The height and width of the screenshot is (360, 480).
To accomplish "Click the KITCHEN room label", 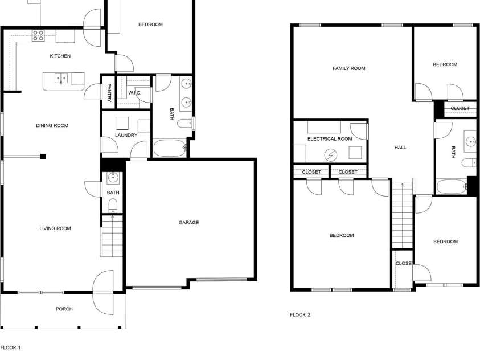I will point(60,56).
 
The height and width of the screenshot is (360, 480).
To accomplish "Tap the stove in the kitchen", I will point(38,35).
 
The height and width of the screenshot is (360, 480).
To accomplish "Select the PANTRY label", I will point(109,91).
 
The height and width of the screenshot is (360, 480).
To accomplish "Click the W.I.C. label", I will point(134,92).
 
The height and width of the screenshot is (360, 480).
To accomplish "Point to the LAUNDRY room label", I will point(126,135).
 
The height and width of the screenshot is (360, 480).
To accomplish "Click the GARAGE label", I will point(189,223).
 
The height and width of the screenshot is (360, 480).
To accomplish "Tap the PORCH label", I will point(64,309).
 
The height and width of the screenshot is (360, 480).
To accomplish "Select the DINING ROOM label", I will point(52,125).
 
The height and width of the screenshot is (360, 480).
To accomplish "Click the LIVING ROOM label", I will point(55,228).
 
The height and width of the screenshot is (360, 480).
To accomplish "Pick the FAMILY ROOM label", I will point(349,68).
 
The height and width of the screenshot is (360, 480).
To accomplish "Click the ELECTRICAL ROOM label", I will point(330,139).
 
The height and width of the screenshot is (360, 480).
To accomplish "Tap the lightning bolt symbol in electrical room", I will point(331,154).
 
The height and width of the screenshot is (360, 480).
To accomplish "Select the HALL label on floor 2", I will point(400,148).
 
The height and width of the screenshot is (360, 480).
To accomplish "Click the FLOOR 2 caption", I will point(300,314).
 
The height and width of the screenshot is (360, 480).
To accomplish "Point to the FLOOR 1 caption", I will point(10,347).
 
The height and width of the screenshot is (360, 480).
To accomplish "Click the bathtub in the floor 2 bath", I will point(452,187).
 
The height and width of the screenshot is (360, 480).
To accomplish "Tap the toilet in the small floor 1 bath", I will point(113,205).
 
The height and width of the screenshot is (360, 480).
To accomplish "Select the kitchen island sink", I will point(61,78).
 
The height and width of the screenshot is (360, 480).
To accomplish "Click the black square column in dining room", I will point(43,157).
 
